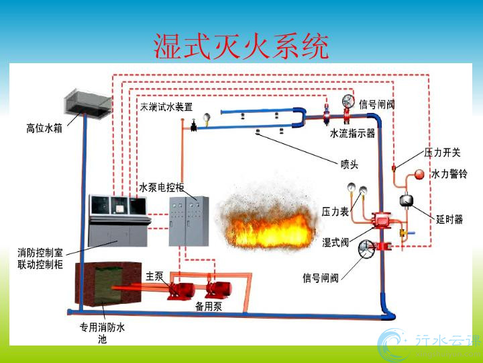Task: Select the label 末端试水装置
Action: pyautogui.click(x=166, y=106)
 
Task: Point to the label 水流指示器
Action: pyautogui.click(x=352, y=133)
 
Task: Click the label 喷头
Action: pyautogui.click(x=350, y=163)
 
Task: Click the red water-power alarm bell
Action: pyautogui.click(x=419, y=175)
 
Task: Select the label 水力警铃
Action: pyautogui.click(x=449, y=174)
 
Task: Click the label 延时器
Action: pyautogui.click(x=449, y=219)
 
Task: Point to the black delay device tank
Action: pyautogui.click(x=407, y=200)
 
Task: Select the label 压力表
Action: pyautogui.click(x=335, y=211)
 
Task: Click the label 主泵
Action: pyautogui.click(x=154, y=276)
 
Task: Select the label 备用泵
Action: pyautogui.click(x=208, y=307)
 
